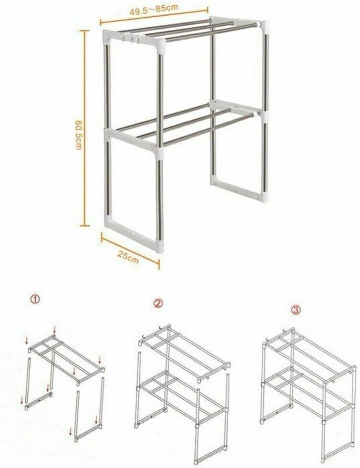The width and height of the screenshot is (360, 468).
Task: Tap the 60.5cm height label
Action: point(78,135)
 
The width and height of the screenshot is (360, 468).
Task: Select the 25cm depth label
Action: point(129,257)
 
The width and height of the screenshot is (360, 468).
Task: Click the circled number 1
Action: point(35,300)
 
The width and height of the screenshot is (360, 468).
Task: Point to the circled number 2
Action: point(158,303)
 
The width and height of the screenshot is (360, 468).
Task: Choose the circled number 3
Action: point(296,310)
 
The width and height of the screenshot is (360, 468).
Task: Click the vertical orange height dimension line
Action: point(85,128)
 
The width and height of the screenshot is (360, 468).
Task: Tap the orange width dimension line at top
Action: point(154,16)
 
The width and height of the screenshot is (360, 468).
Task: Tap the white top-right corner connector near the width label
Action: point(263,24)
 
